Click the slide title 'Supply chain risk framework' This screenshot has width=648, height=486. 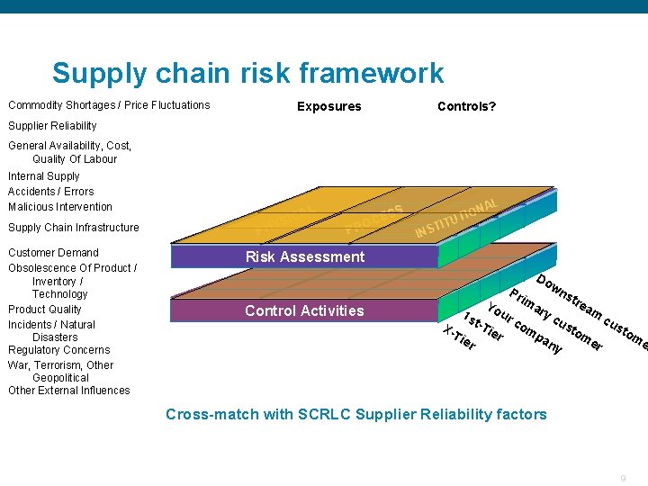click(247, 73)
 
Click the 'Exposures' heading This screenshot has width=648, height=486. click(328, 106)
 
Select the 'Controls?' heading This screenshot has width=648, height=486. click(466, 106)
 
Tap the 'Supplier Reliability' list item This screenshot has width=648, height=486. click(52, 125)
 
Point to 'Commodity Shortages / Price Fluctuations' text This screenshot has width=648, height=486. click(109, 104)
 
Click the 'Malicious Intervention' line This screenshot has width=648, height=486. click(60, 206)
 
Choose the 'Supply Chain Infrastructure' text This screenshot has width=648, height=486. click(74, 228)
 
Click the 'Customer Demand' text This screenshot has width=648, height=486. click(53, 252)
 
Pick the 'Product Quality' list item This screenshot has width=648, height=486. click(45, 309)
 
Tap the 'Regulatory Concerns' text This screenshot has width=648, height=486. click(58, 349)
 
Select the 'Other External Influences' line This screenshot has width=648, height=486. click(68, 390)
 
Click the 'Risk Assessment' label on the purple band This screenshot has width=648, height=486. click(305, 256)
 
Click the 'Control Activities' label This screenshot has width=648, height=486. click(304, 310)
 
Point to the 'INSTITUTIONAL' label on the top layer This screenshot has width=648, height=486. click(455, 218)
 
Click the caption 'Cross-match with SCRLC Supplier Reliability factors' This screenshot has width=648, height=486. click(355, 414)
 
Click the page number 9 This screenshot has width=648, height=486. click(624, 477)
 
